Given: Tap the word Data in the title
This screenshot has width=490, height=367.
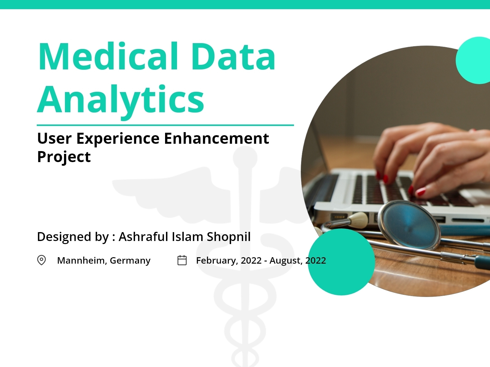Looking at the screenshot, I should [x=234, y=57].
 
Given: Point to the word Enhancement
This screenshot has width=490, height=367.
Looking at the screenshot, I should [x=217, y=138].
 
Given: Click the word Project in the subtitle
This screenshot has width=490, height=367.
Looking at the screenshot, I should [x=64, y=157].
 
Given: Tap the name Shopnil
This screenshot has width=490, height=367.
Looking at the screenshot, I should [x=229, y=237].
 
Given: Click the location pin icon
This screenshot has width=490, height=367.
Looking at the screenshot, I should [x=41, y=260].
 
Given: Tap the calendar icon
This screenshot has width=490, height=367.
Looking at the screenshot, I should [x=182, y=260].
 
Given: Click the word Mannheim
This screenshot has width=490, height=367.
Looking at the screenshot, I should [x=82, y=261].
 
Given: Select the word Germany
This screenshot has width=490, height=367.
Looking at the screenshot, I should [x=130, y=261].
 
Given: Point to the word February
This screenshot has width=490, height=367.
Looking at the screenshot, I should [x=217, y=261].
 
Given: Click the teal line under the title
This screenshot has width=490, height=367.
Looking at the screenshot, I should [x=165, y=125].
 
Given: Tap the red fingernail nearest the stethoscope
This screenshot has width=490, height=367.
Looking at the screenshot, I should [x=421, y=192].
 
